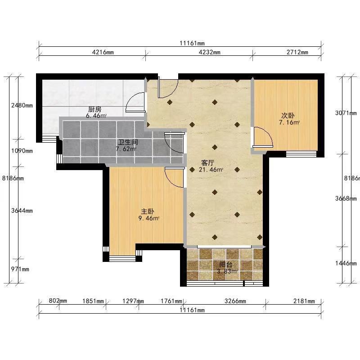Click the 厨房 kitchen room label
(x=94, y=109)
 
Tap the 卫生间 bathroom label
(x=128, y=142)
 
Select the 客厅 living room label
(x=207, y=163)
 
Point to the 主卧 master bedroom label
(x=148, y=211)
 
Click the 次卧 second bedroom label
(x=288, y=115)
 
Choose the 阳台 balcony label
(x=226, y=265)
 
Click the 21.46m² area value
(x=211, y=170)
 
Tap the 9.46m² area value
(x=149, y=218)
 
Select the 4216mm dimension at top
(x=103, y=52)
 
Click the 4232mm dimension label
(x=209, y=52)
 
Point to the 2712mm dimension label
(x=297, y=52)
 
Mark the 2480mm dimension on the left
(x=22, y=105)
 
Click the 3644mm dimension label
(x=22, y=211)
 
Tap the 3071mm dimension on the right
(x=346, y=113)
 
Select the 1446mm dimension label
(x=346, y=263)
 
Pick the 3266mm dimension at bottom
(x=235, y=301)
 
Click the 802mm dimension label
(x=58, y=301)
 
